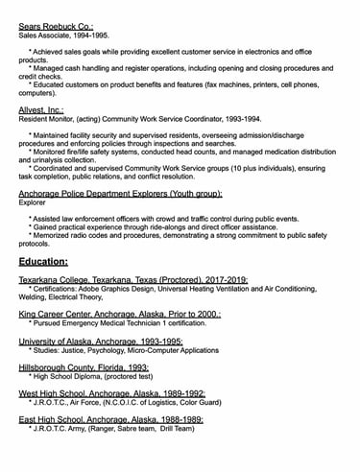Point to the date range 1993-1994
click(x=240, y=120)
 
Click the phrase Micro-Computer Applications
click(x=175, y=350)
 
